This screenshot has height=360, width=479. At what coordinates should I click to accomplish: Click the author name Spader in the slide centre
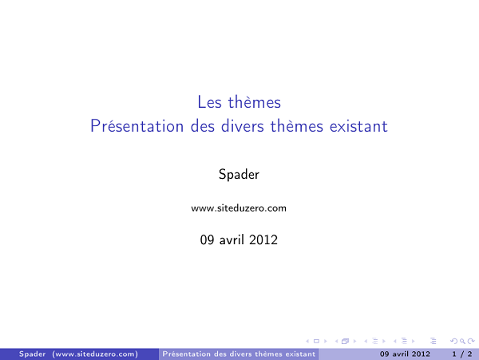[x=239, y=173]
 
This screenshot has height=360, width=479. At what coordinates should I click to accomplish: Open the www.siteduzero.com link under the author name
[x=239, y=208]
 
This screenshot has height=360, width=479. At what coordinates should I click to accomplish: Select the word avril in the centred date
[x=231, y=239]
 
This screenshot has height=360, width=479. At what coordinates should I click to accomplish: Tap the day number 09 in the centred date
[x=207, y=239]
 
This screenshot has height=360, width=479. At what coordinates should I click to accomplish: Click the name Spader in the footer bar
[x=32, y=354]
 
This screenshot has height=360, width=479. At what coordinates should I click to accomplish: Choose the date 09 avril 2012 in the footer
[x=405, y=354]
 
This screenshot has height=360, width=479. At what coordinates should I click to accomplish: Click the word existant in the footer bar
[x=295, y=354]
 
